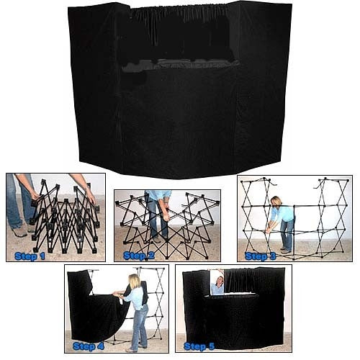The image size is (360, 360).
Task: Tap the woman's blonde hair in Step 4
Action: [x=134, y=281]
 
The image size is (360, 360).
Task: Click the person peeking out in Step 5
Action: [x=217, y=282]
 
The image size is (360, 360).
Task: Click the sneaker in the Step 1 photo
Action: [x=19, y=232]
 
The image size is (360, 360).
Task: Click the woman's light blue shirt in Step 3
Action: [x=285, y=213]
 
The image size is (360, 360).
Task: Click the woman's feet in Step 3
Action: [x=286, y=250]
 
